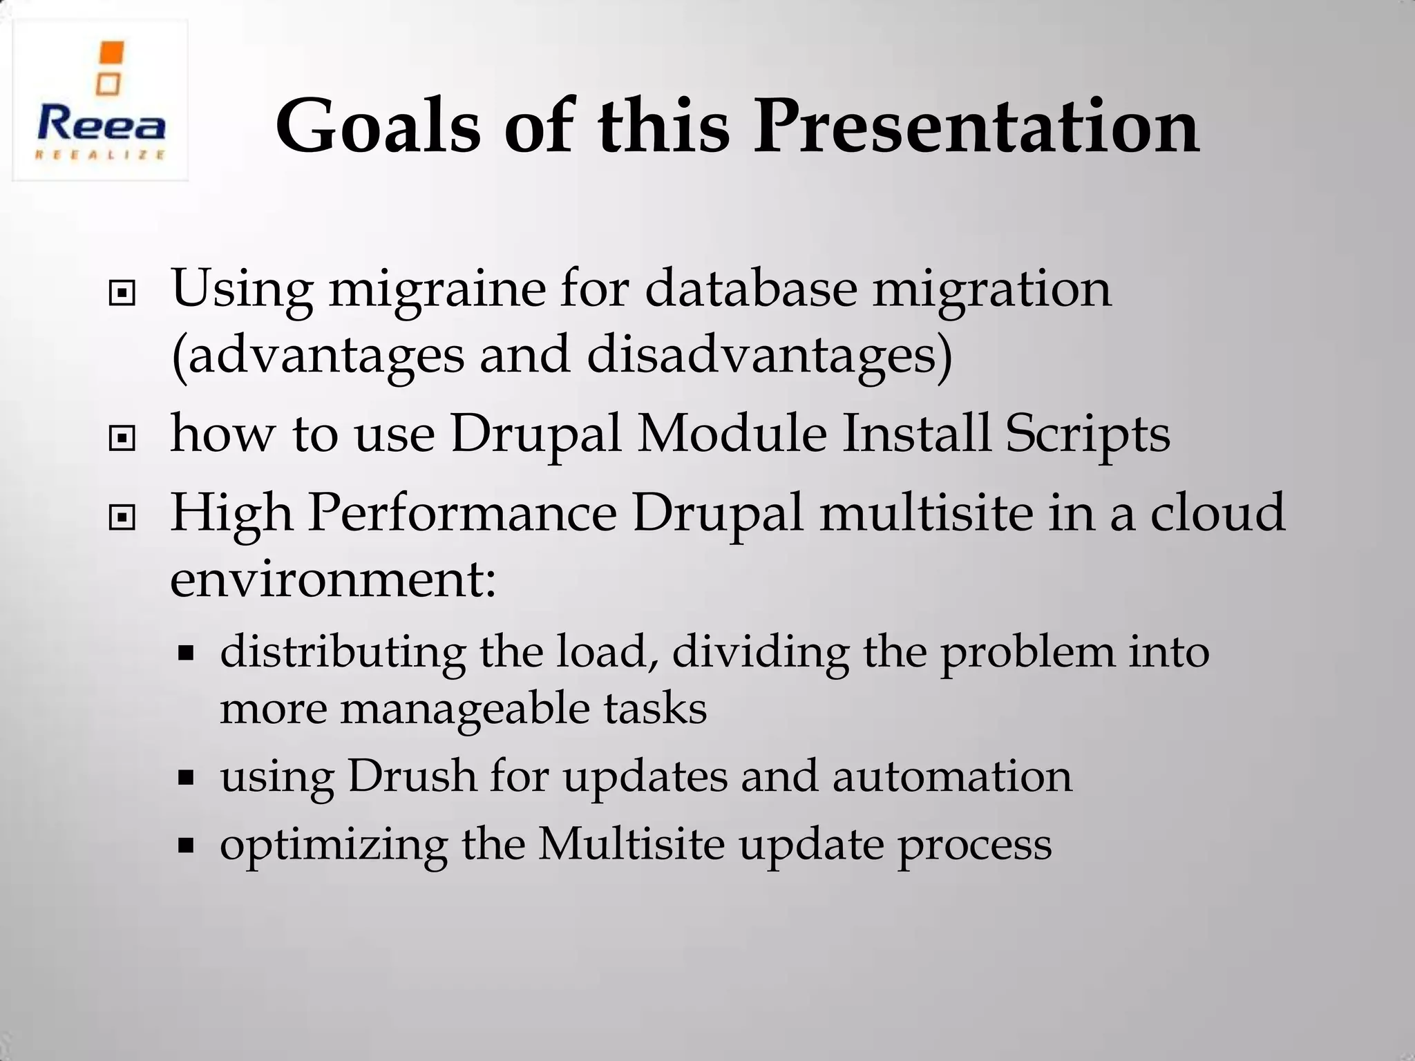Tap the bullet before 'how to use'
[122, 438]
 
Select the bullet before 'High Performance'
[122, 517]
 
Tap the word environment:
[333, 579]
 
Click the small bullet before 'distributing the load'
[185, 653]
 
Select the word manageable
[465, 709]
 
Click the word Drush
[411, 776]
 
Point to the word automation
[951, 776]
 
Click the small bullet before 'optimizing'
[185, 844]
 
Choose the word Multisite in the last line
[631, 843]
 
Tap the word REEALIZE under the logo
[101, 155]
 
